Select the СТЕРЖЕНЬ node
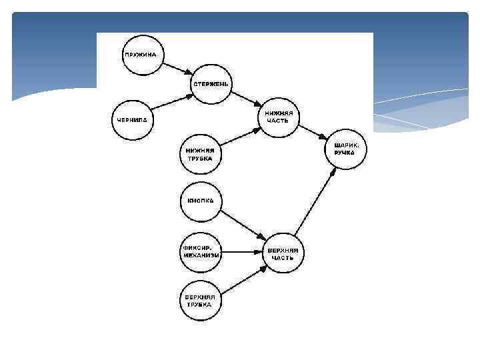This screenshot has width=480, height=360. (x=211, y=84)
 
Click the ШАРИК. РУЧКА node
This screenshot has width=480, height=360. (x=345, y=148)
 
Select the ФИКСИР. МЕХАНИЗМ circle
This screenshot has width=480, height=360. (x=201, y=252)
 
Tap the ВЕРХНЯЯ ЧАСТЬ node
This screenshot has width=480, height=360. (x=283, y=252)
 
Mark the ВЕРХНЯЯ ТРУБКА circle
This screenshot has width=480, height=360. (x=201, y=300)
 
